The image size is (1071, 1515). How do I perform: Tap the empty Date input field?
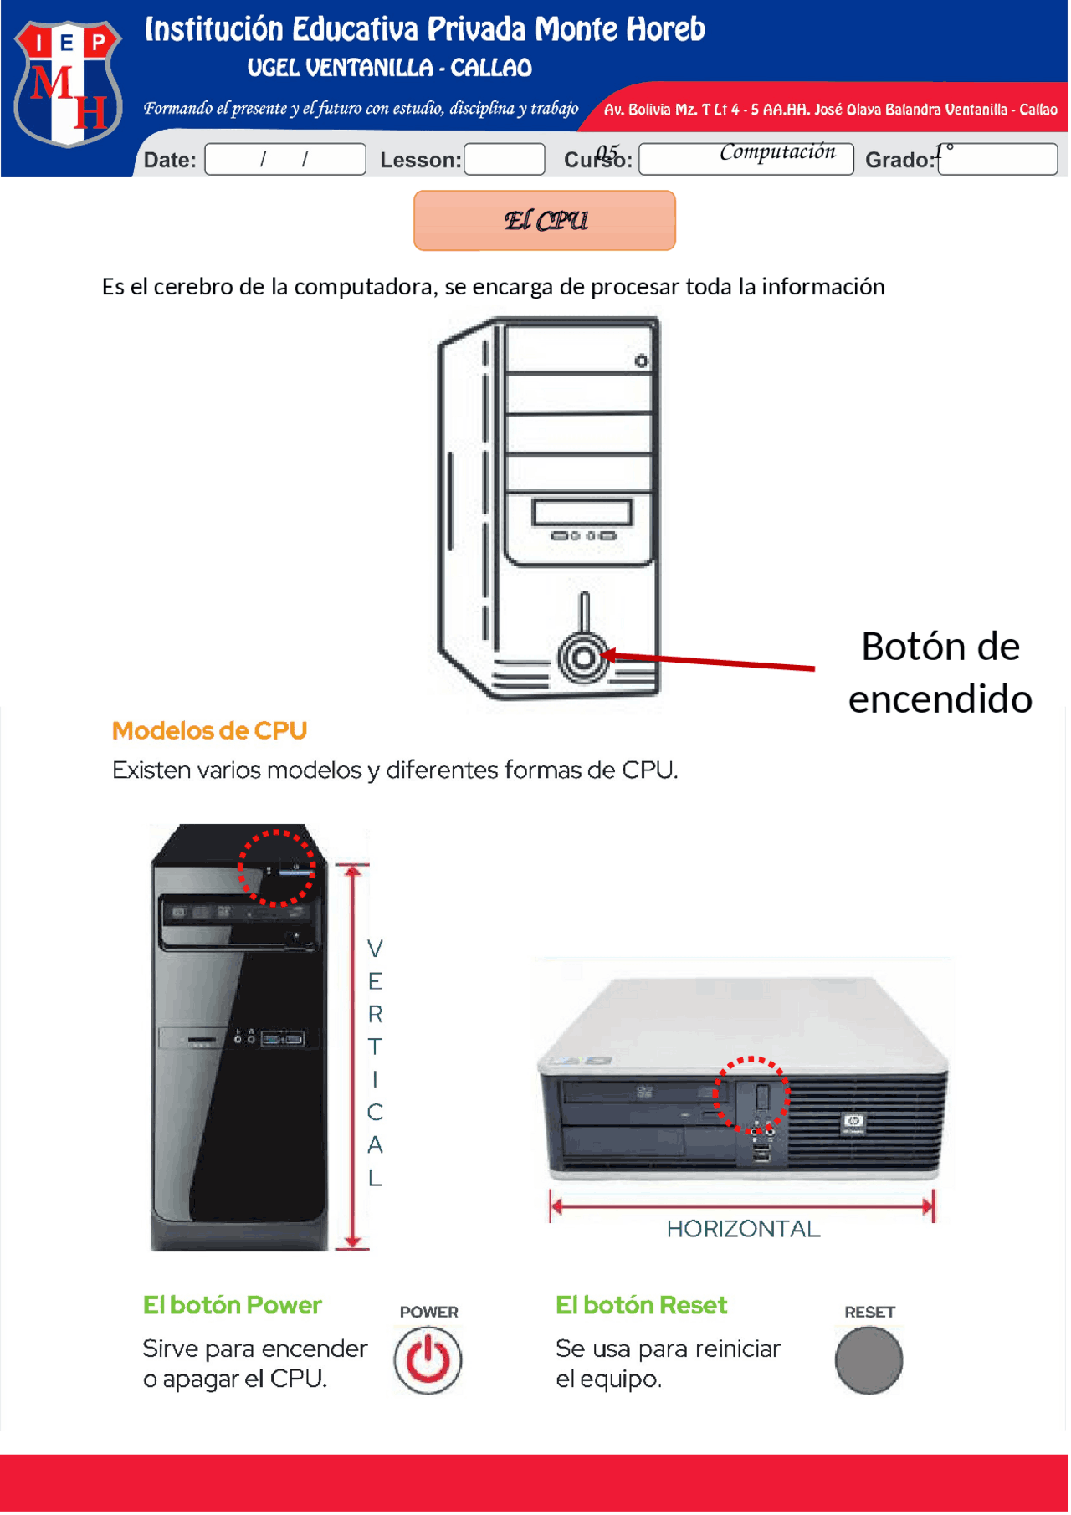coord(285,159)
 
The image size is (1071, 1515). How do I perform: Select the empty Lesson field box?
coord(505,159)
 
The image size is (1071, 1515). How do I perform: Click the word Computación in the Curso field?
coord(777,152)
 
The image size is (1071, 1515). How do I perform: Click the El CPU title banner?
coord(545,221)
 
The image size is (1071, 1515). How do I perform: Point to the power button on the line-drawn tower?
coord(583,658)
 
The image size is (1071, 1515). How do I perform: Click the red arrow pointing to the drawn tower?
coord(711,662)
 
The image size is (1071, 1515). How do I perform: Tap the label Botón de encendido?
coord(940,673)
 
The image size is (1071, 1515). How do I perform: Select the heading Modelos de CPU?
coord(209,731)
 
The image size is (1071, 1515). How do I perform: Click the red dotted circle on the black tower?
coord(277,868)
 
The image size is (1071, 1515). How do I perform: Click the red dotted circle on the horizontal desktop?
coord(751,1095)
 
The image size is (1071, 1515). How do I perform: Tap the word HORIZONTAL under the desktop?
coord(743,1229)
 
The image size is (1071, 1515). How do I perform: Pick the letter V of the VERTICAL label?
coord(375,949)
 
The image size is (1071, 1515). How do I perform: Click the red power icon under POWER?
coord(428,1360)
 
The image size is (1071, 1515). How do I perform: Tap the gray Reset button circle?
coord(869,1360)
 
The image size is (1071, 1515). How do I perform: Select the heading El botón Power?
coord(232,1306)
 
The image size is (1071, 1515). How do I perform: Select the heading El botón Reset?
coord(641,1306)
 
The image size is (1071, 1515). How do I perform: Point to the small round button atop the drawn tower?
coord(641,361)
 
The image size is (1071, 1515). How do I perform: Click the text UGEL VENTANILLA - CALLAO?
coord(390,68)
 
